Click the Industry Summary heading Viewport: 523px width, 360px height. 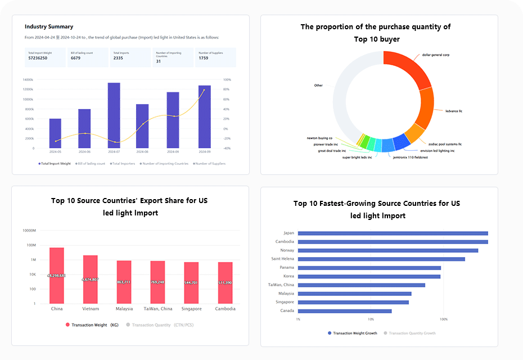coord(48,26)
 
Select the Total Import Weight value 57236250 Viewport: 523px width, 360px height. coord(38,58)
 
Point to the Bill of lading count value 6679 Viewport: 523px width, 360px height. coord(75,58)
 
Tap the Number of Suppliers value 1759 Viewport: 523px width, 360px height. coord(204,58)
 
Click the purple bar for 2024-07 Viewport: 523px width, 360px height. coord(114,115)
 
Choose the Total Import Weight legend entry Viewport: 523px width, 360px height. coord(55,164)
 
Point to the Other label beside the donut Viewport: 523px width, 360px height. coord(318,85)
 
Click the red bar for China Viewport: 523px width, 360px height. coord(57,276)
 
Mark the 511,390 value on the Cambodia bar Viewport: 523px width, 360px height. coord(225,282)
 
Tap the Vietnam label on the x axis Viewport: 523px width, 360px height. coord(91,309)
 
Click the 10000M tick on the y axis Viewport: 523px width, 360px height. coord(29,231)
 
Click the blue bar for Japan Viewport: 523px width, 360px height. coord(393,233)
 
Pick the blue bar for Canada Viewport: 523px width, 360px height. coord(344,310)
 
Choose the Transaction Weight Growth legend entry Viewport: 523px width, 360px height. coord(352,333)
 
